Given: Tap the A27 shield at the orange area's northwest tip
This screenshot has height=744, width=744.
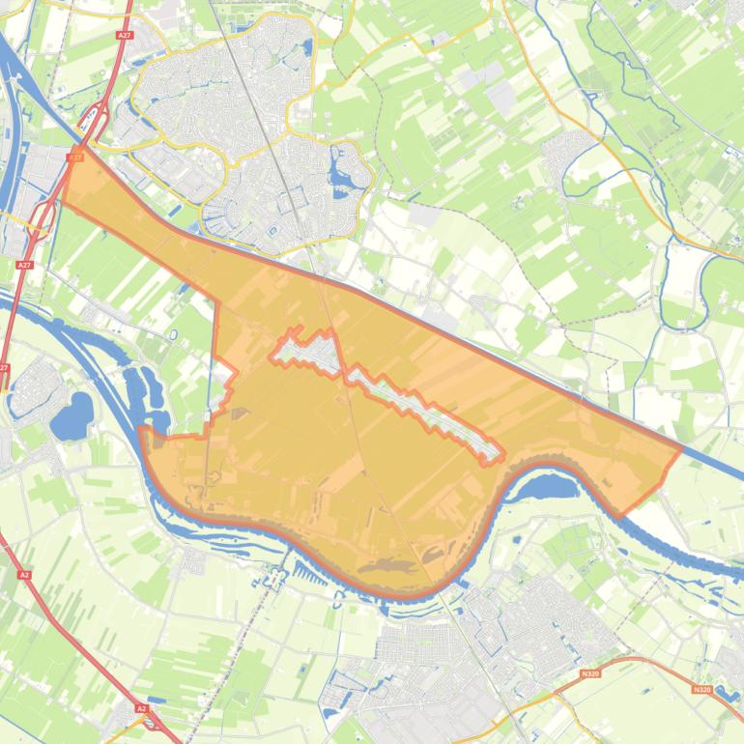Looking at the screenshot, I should click(x=76, y=155).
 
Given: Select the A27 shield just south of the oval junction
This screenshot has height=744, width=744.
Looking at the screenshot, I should click(x=24, y=264).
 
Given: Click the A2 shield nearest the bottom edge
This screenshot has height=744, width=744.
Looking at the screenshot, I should click(x=142, y=708).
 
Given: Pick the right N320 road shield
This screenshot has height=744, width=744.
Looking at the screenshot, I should click(x=702, y=689).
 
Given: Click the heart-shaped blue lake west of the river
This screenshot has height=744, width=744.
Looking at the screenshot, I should click(x=70, y=417).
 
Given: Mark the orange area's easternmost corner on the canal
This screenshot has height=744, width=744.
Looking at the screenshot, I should click(x=681, y=447).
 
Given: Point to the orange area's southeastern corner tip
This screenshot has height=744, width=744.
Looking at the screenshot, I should click(x=618, y=515).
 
